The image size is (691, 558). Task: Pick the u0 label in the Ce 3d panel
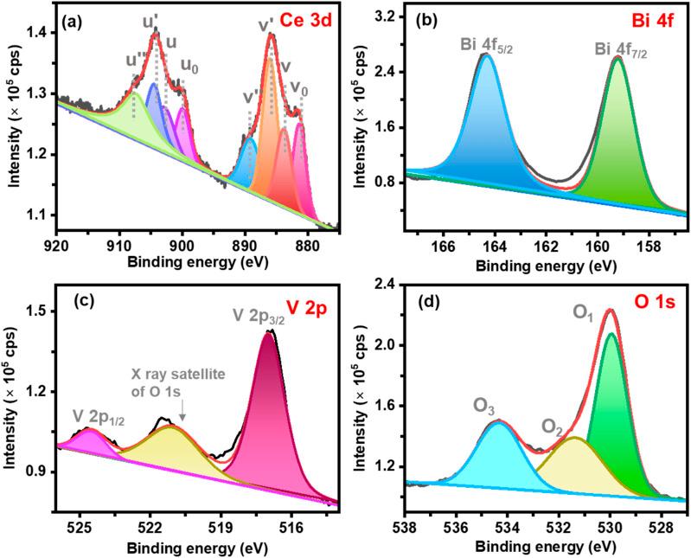coord(188,64)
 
